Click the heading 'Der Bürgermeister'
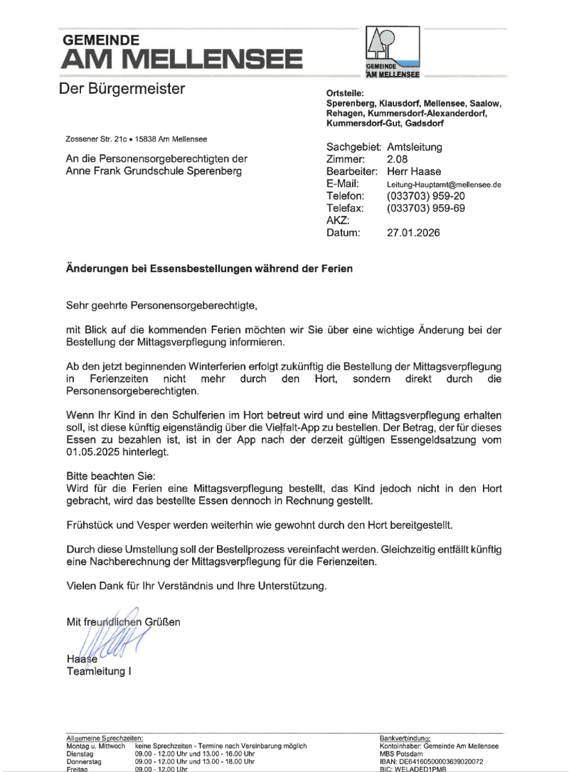click(x=122, y=89)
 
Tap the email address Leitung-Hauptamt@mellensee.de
click(x=444, y=184)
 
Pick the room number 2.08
click(x=398, y=159)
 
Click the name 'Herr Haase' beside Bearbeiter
click(x=414, y=171)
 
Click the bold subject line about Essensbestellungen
click(x=209, y=270)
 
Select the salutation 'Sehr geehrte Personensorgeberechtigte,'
click(x=161, y=306)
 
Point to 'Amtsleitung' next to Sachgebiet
click(x=415, y=147)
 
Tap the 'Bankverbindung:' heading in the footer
click(x=405, y=739)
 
